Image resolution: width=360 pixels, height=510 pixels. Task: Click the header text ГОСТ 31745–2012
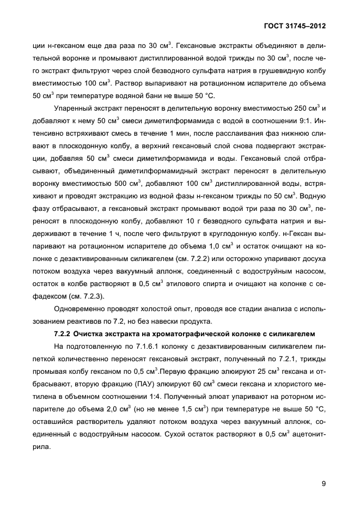294,26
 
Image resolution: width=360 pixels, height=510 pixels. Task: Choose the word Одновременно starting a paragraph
81,308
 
